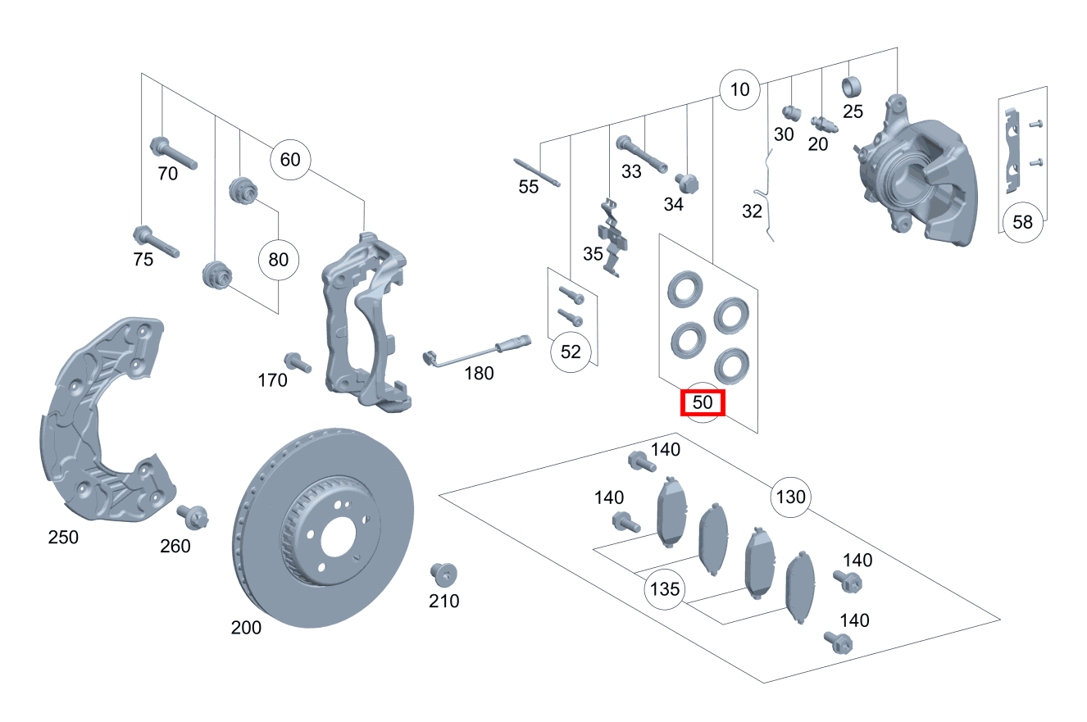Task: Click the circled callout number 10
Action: pos(739,89)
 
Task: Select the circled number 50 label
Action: pos(703,403)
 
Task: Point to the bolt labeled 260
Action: pos(194,516)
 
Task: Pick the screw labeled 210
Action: pos(443,574)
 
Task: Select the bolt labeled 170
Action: pos(296,362)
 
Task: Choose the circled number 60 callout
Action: pos(290,159)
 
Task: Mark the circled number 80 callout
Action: pos(279,260)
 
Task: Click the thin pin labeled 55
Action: pos(537,172)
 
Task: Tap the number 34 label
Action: pos(673,205)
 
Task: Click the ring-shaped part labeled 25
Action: pos(853,86)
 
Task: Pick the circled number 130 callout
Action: pos(790,497)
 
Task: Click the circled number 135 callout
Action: pos(665,589)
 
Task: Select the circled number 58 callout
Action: pos(1022,222)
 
